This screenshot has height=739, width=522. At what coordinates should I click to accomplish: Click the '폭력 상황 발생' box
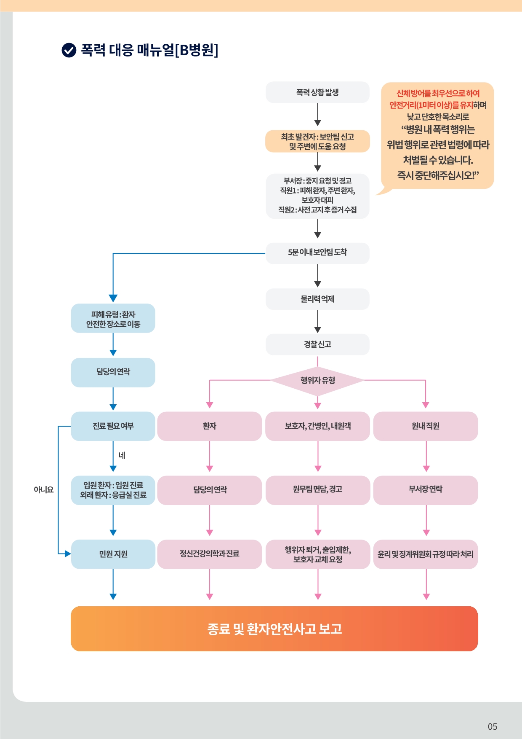tap(317, 92)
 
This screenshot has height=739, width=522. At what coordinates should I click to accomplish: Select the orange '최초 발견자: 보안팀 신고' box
tap(317, 141)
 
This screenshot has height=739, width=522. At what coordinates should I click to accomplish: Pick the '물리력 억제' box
tap(317, 299)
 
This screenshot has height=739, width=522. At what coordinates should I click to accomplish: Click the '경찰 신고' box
tap(317, 344)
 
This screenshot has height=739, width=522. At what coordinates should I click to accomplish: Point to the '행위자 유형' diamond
tap(317, 380)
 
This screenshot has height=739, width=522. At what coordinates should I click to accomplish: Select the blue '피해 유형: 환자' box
tap(113, 318)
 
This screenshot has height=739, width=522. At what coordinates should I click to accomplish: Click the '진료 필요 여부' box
tap(113, 426)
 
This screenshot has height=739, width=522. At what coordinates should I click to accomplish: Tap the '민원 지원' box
tap(113, 554)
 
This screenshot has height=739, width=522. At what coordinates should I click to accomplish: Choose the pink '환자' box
tap(210, 426)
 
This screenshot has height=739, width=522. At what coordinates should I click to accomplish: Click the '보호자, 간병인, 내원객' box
tap(318, 426)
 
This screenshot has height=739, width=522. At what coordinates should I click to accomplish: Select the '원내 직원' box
tap(426, 426)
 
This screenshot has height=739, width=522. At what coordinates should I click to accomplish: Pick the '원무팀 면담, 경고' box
tap(318, 490)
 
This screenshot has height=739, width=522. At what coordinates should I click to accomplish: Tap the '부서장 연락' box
tap(426, 490)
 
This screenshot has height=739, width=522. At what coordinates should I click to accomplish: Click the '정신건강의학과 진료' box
tap(210, 554)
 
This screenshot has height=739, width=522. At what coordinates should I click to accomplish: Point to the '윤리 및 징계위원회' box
tap(426, 554)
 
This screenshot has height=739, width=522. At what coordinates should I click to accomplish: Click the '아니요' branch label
tap(44, 489)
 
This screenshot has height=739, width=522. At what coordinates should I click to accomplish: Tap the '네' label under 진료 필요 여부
tap(122, 455)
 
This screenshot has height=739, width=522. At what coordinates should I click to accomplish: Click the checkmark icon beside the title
tap(69, 50)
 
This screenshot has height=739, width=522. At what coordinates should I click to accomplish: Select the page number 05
tap(493, 726)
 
